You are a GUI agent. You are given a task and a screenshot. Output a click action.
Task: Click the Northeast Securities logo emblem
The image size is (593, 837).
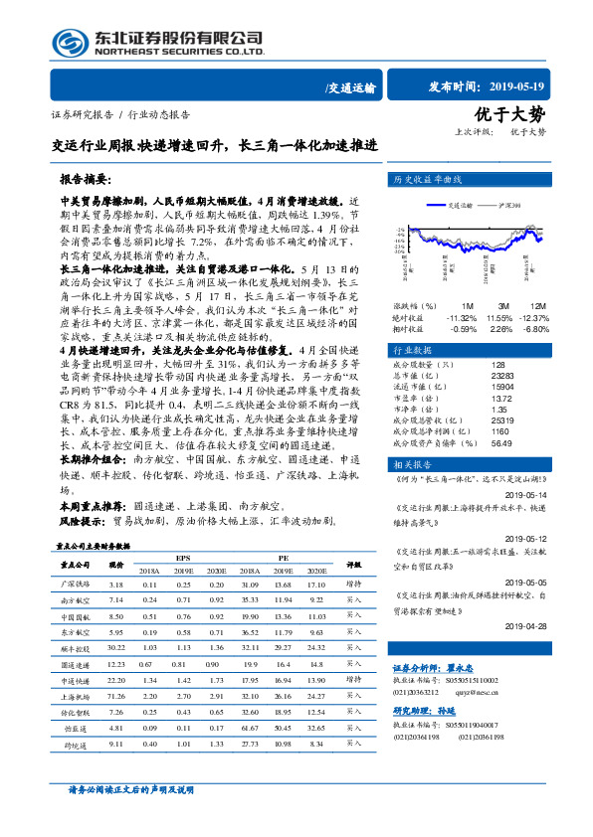pyautogui.click(x=71, y=44)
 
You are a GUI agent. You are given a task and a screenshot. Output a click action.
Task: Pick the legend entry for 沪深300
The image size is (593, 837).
pyautogui.click(x=501, y=205)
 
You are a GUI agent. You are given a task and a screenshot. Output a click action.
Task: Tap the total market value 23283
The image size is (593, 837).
pyautogui.click(x=503, y=377)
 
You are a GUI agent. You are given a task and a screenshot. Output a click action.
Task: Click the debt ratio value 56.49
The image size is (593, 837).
pyautogui.click(x=502, y=443)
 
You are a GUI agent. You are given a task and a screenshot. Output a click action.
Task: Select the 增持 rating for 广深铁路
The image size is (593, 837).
pyautogui.click(x=353, y=586)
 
